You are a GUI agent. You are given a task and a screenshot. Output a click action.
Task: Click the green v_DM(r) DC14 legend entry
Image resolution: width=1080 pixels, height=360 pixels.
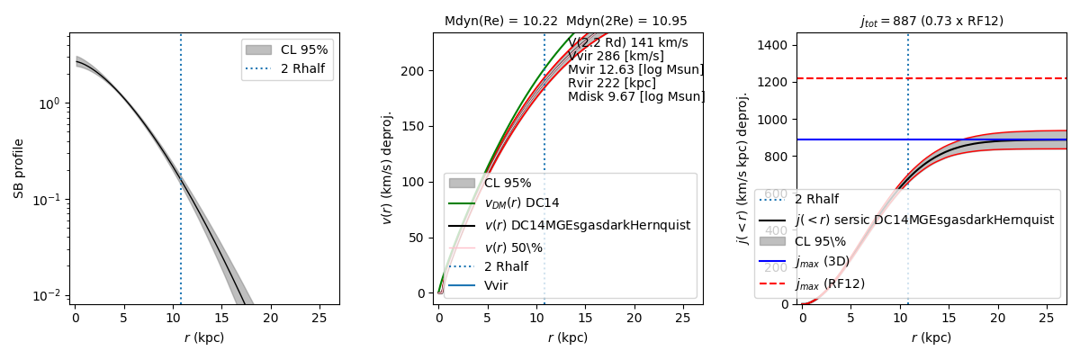point(532,203)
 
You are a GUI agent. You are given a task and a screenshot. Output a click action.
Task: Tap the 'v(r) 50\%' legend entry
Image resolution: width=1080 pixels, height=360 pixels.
point(513,246)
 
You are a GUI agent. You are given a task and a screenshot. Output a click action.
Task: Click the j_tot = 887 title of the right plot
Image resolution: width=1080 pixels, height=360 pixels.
point(931,21)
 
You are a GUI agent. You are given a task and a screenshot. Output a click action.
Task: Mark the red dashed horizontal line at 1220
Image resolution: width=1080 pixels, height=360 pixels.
point(990,78)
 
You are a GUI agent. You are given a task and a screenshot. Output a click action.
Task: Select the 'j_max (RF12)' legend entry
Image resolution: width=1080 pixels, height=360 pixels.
point(829,283)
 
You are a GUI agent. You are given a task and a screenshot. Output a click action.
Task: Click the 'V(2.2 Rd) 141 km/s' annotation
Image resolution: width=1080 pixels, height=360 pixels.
point(627,42)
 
